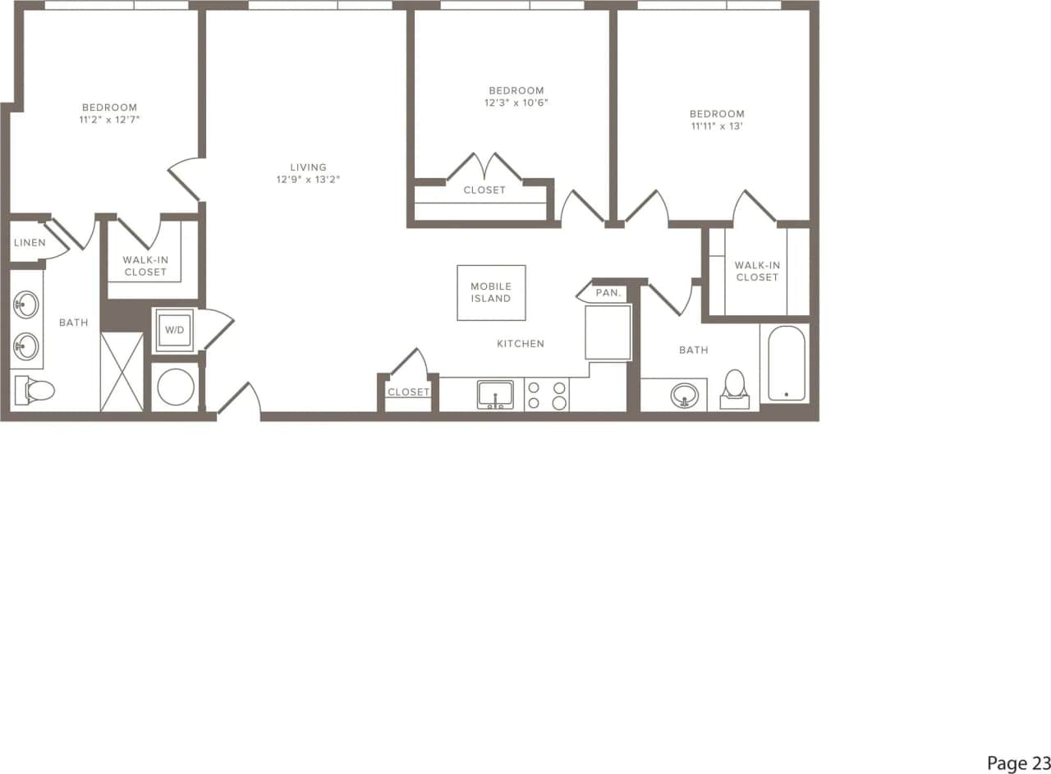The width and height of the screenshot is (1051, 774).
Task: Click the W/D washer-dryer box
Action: [174, 330]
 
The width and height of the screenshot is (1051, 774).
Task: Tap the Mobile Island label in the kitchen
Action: [491, 292]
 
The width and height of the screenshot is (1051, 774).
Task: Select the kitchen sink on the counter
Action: [495, 394]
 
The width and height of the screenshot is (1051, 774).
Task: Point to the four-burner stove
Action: [547, 395]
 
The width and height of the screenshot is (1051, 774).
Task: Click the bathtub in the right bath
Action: [787, 364]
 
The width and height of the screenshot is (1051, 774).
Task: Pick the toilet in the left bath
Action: [35, 391]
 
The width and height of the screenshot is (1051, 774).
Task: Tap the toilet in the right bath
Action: [735, 388]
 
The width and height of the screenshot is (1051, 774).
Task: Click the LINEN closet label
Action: [30, 243]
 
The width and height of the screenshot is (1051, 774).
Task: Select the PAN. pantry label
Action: [608, 293]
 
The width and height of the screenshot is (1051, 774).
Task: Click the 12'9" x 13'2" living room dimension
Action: [308, 180]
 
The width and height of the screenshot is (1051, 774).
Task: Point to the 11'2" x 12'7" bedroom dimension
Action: [109, 120]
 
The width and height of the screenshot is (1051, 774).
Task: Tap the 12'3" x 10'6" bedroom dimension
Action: [516, 103]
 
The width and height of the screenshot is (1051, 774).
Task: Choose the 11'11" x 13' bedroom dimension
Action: [717, 126]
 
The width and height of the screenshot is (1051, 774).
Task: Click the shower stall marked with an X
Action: [122, 372]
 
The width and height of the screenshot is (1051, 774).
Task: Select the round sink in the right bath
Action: [684, 396]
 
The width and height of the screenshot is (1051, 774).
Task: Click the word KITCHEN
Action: [521, 344]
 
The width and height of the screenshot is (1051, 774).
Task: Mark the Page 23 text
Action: [1017, 763]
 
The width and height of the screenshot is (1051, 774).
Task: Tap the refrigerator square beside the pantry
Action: [608, 332]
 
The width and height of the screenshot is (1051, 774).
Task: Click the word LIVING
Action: [308, 167]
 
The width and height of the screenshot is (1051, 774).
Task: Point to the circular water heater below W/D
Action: [176, 387]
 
